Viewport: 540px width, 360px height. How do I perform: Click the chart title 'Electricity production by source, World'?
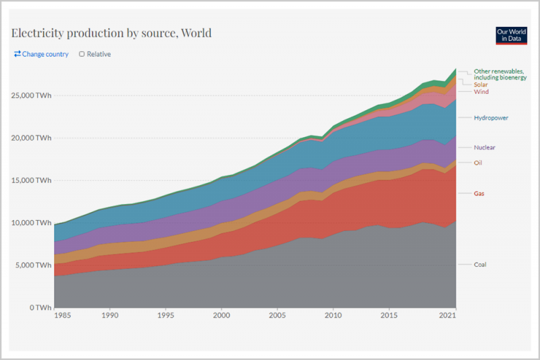[111, 33]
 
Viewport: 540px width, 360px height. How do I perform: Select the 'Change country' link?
[41, 54]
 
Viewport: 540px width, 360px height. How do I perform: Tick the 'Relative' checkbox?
[82, 54]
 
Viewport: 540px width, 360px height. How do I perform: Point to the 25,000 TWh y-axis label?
[31, 95]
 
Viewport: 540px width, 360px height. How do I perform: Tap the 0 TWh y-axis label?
[39, 307]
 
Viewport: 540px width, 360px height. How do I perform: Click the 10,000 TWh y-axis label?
[31, 223]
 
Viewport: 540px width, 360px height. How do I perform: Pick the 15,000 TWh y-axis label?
[31, 180]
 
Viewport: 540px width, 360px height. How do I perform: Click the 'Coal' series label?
[480, 265]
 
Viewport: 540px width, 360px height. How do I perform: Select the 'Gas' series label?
[479, 194]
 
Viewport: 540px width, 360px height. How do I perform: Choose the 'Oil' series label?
[478, 163]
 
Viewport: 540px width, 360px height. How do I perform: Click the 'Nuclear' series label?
[484, 147]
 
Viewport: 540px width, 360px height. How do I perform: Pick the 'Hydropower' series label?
[491, 118]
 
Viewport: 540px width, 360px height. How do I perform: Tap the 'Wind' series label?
[481, 92]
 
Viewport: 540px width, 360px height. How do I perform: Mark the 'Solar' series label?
[481, 84]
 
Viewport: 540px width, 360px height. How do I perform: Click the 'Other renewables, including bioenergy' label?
[500, 74]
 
